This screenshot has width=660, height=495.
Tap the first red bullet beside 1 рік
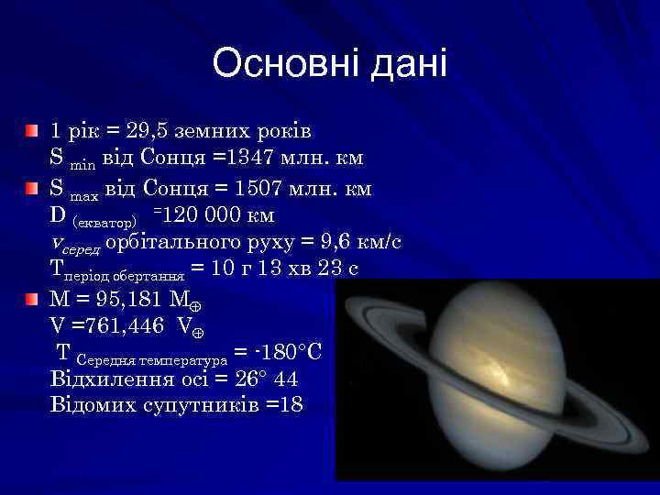[x=32, y=131]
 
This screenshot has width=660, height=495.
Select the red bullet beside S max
[x=32, y=189]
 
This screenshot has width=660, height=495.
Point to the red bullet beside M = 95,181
[x=32, y=299]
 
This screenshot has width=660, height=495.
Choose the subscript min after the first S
[x=82, y=164]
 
